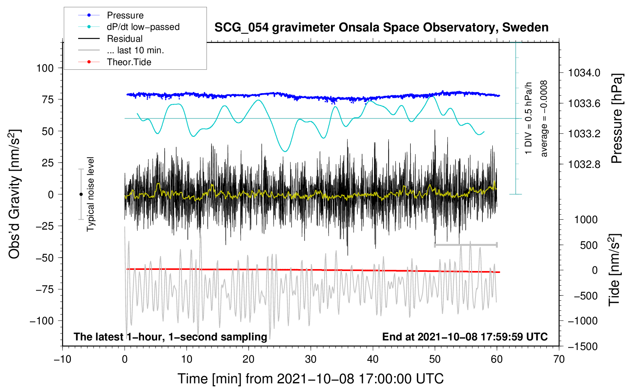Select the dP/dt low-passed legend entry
pos(143,27)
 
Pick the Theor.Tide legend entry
pos(129,62)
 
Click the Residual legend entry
pos(125,39)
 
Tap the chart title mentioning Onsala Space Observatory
pos(381,28)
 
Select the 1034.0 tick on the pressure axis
pos(584,73)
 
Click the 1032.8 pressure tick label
pos(584,164)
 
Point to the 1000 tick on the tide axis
pos(586,220)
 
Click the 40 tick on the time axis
pos(373,359)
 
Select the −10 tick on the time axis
pos(62,359)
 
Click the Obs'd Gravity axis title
pos(15,194)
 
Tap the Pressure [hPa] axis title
pos(616,118)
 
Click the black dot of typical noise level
pos(81,194)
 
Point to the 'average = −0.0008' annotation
pos(544,118)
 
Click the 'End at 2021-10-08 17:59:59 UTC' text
pos(465,337)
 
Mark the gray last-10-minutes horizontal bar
pos(466,245)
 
